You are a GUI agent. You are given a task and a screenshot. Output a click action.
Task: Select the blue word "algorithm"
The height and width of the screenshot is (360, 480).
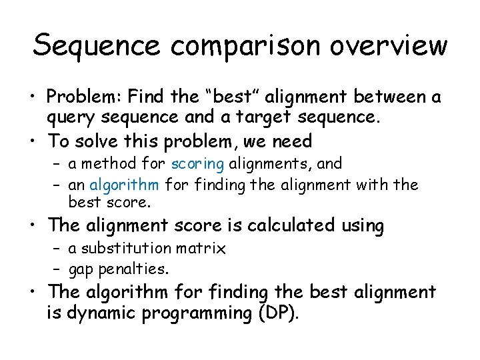[124, 184]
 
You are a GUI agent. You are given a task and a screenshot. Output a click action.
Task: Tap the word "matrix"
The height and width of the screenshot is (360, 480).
[205, 249]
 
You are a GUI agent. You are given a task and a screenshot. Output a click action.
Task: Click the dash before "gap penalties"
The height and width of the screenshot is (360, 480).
[57, 269]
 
